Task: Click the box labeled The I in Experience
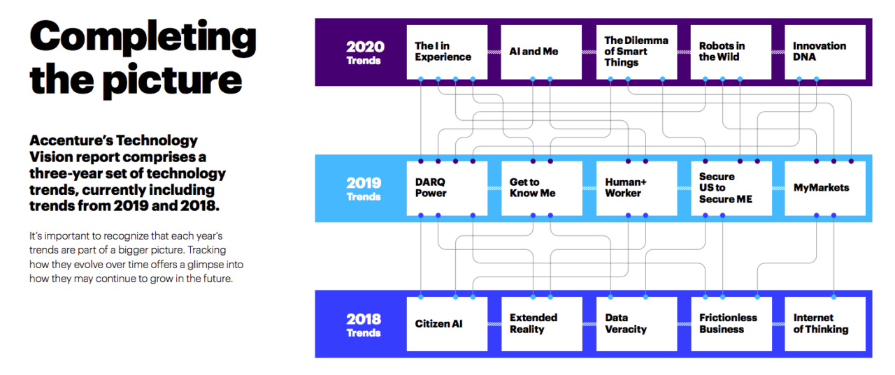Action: pos(447,52)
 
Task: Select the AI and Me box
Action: pos(541,52)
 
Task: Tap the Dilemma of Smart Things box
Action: pos(636,52)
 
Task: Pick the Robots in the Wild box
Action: pos(731,52)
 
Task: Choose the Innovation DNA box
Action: pos(825,52)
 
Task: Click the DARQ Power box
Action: pos(447,188)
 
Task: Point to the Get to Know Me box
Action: pos(541,188)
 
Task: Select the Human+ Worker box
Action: pos(636,188)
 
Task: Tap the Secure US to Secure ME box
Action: pos(731,188)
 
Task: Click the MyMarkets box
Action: pos(825,188)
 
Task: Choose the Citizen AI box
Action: pos(447,324)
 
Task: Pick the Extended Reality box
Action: pos(541,324)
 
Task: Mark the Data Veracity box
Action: pos(636,324)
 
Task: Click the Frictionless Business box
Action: pos(731,324)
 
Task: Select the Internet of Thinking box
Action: pos(825,324)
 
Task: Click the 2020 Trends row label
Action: pos(365,52)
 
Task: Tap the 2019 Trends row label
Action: pos(365,189)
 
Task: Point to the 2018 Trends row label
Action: pos(365,325)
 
